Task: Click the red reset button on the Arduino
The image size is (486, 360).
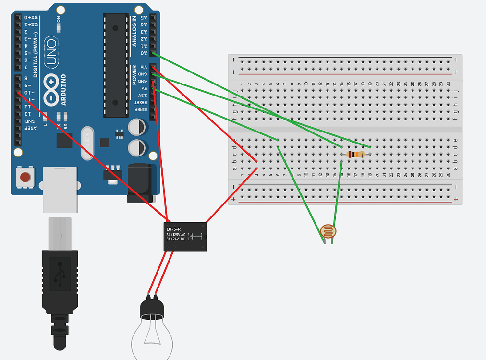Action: [25, 178]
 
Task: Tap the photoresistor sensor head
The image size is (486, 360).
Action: [329, 231]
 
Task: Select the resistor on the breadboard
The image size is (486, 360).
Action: [356, 154]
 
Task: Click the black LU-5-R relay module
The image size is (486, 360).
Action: [185, 236]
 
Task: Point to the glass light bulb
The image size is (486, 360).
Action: [152, 336]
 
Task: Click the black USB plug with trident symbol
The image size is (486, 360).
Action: [60, 278]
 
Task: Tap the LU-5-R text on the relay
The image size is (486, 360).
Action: [173, 229]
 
